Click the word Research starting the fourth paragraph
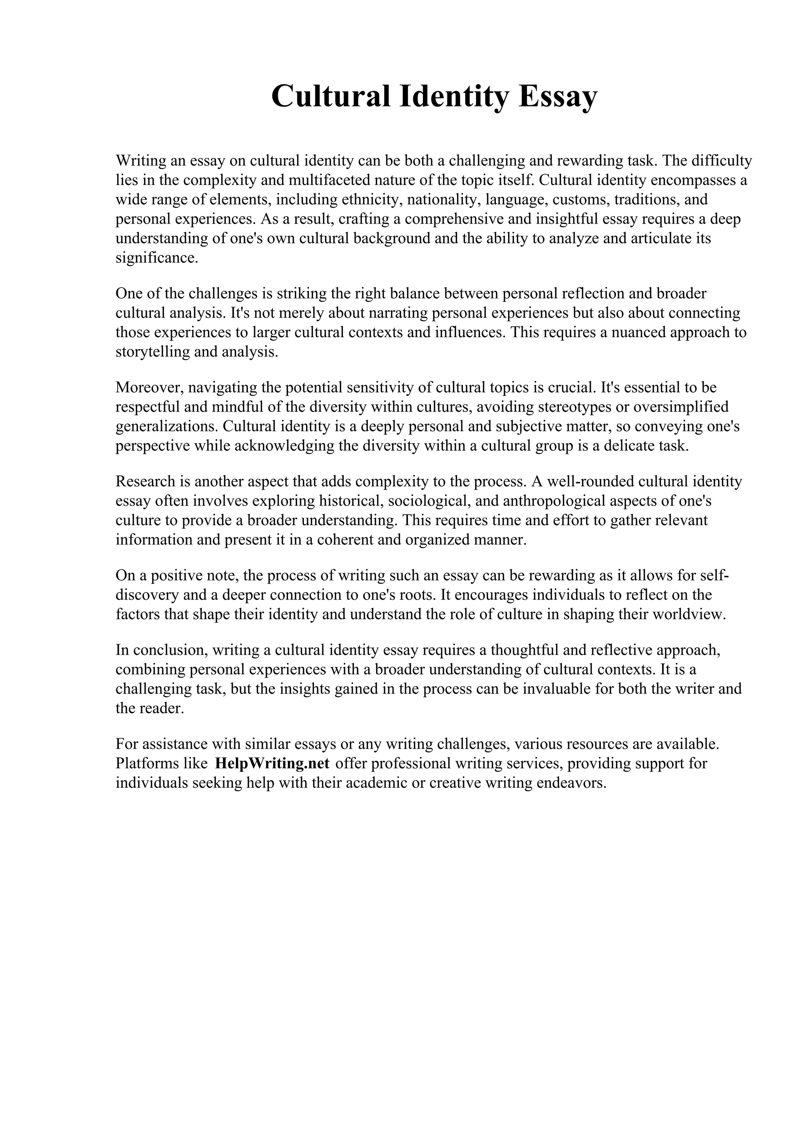(x=145, y=481)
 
